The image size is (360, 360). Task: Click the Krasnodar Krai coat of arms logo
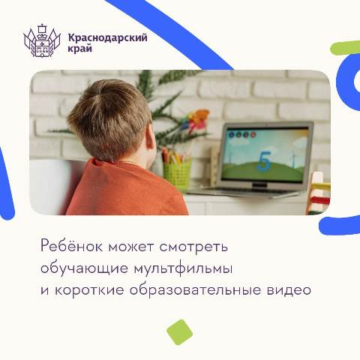[x=42, y=40]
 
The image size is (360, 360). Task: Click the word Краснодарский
[x=108, y=37]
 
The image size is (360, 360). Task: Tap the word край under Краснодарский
[x=80, y=48]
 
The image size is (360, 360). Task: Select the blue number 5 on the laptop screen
[x=264, y=161]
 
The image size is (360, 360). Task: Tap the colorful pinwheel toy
[x=195, y=121]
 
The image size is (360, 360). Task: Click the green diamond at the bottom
[x=179, y=332]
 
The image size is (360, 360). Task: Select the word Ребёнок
[x=71, y=246]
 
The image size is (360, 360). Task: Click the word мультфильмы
[x=184, y=269]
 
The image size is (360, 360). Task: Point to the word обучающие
[x=84, y=269]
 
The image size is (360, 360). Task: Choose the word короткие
[x=89, y=290]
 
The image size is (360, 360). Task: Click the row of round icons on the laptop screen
[x=242, y=135]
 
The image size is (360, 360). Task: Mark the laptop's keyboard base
[x=245, y=191]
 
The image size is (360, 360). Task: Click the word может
[x=130, y=247]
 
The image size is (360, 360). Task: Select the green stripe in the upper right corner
[x=345, y=47]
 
